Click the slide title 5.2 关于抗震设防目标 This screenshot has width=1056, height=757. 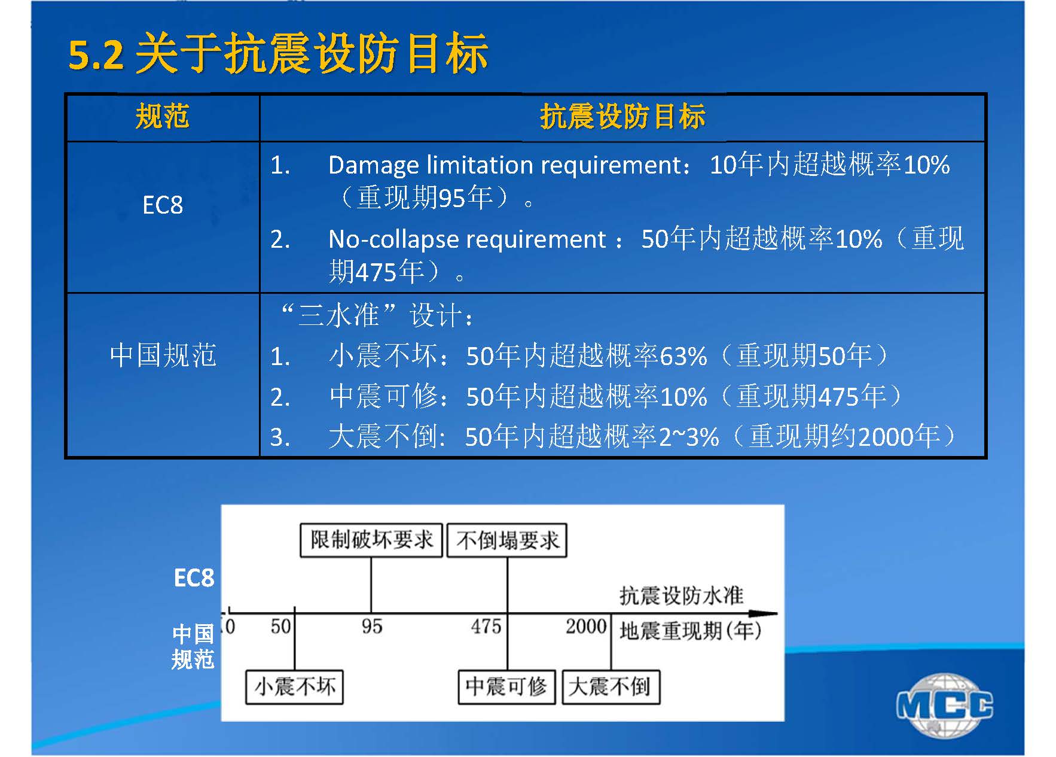[x=279, y=54]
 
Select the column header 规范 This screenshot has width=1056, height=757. [x=162, y=116]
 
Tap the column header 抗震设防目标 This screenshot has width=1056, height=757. [x=622, y=116]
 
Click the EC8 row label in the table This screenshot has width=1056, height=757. [x=163, y=205]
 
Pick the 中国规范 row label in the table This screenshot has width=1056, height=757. [x=163, y=355]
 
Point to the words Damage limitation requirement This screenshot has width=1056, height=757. [x=505, y=165]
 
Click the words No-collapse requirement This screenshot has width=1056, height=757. [x=467, y=239]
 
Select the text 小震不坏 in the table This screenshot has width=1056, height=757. [x=383, y=356]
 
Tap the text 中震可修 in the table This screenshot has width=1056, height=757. [x=383, y=396]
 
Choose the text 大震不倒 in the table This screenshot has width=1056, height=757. [x=383, y=436]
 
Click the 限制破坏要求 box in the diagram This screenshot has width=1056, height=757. [x=371, y=540]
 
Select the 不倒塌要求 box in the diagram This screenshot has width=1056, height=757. [x=507, y=540]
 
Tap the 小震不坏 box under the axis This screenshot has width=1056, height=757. [x=294, y=686]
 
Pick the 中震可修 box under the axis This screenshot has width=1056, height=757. [x=506, y=686]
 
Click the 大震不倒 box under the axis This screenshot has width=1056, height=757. [x=610, y=686]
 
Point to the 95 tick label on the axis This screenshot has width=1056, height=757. [x=371, y=627]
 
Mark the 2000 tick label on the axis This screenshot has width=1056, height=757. [x=586, y=627]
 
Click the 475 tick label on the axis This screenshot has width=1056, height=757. [x=486, y=627]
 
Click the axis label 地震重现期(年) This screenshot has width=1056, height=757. [x=691, y=631]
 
